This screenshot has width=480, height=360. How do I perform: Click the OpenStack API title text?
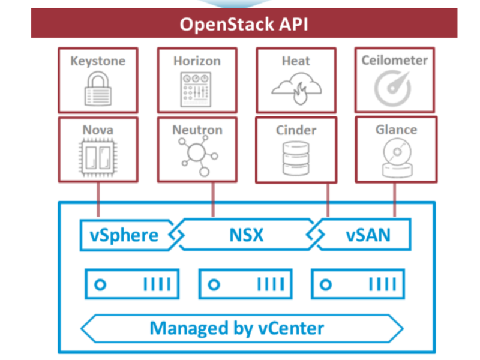[244, 24]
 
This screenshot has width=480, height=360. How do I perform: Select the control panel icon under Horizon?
[196, 89]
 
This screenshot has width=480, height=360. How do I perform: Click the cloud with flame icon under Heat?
[296, 88]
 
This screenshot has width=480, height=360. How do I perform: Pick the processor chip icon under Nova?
[98, 158]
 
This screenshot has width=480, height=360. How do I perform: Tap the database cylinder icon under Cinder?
[296, 158]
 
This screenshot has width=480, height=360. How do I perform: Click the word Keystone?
[98, 61]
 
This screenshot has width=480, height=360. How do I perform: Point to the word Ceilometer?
[395, 61]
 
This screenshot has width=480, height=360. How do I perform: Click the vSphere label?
[124, 236]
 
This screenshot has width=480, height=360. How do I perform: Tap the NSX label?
[247, 235]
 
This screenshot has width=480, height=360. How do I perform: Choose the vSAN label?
[368, 235]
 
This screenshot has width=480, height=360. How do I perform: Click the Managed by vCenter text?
[236, 328]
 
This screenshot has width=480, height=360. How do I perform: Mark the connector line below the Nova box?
[98, 200]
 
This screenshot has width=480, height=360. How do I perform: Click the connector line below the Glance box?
[395, 200]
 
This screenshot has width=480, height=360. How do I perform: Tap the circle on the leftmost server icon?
[100, 284]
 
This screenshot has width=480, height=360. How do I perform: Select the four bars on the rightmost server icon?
[383, 284]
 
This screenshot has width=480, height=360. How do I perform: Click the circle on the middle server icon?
[214, 284]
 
